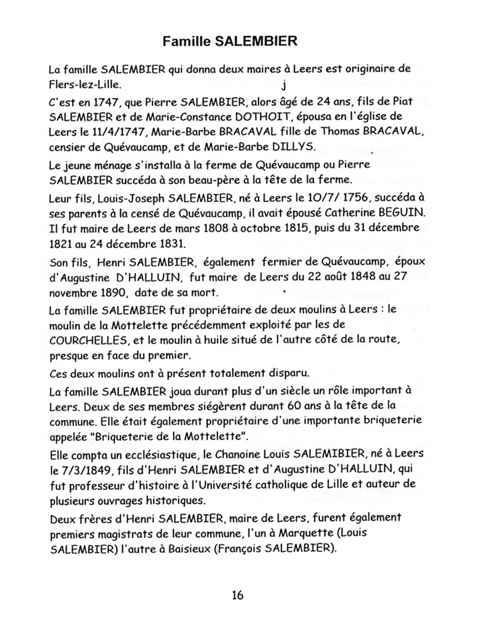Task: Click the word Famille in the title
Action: pyautogui.click(x=189, y=41)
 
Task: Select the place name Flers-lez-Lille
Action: pyautogui.click(x=86, y=85)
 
